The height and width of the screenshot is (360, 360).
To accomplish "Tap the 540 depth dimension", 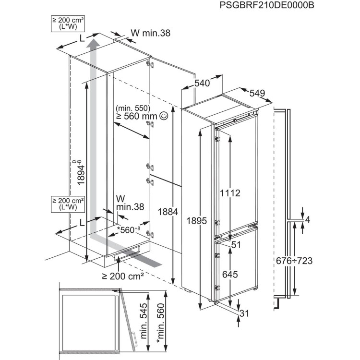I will coord(202,84).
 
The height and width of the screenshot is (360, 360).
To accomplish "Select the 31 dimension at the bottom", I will coord(245,314).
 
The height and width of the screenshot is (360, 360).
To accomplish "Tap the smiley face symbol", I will coord(165,115).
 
